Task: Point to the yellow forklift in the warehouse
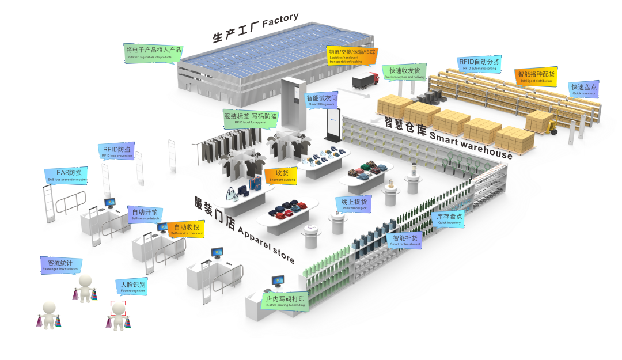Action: [550, 126]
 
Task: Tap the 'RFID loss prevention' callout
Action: [116, 151]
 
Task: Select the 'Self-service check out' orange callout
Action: [187, 229]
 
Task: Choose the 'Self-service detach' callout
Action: [146, 214]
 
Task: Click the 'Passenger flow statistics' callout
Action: [60, 266]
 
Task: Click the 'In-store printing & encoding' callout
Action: [285, 301]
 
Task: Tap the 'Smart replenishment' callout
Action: [407, 240]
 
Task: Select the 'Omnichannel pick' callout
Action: [353, 204]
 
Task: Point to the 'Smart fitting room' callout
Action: [322, 101]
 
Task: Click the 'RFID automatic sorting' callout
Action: [479, 64]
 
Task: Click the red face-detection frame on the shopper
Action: [118, 308]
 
